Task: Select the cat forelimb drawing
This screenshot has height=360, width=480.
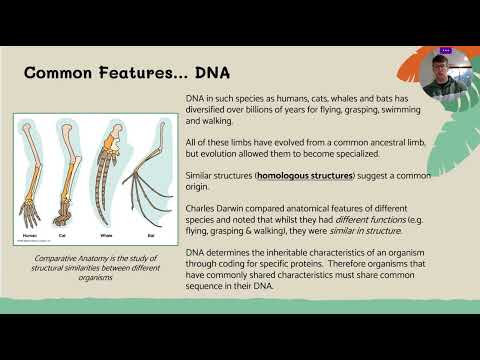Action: tap(69, 180)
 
